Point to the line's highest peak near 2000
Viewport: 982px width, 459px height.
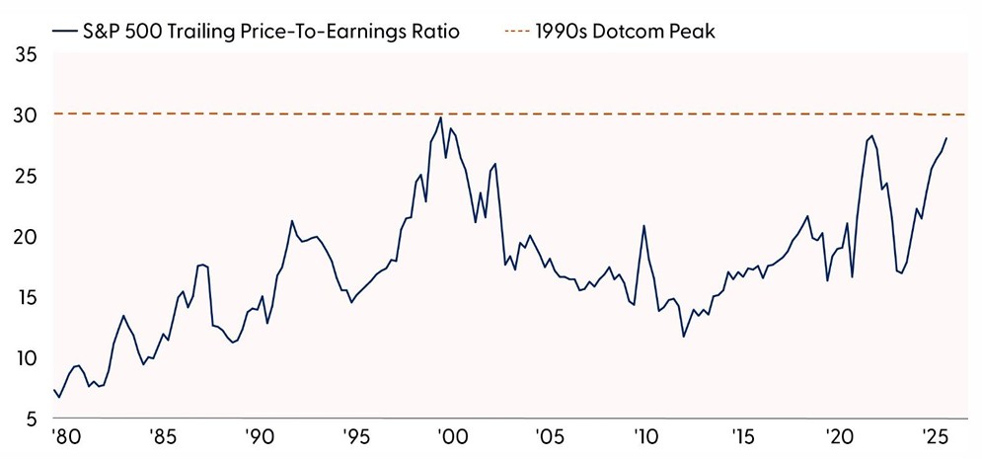click(439, 118)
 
